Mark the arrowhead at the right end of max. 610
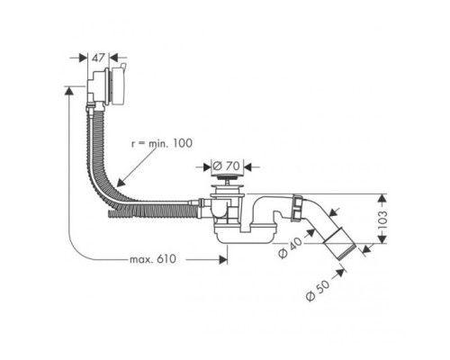(x=220, y=260)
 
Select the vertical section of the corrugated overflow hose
(x=96, y=135)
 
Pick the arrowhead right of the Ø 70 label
(x=251, y=165)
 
